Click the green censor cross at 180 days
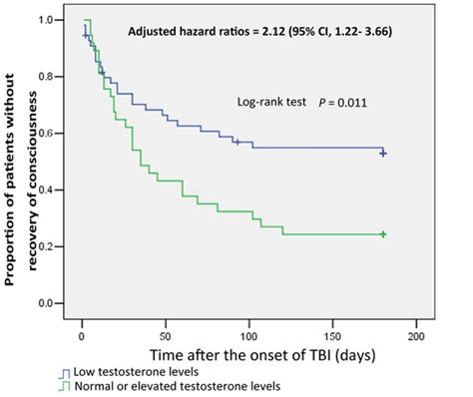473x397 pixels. click(x=383, y=233)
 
